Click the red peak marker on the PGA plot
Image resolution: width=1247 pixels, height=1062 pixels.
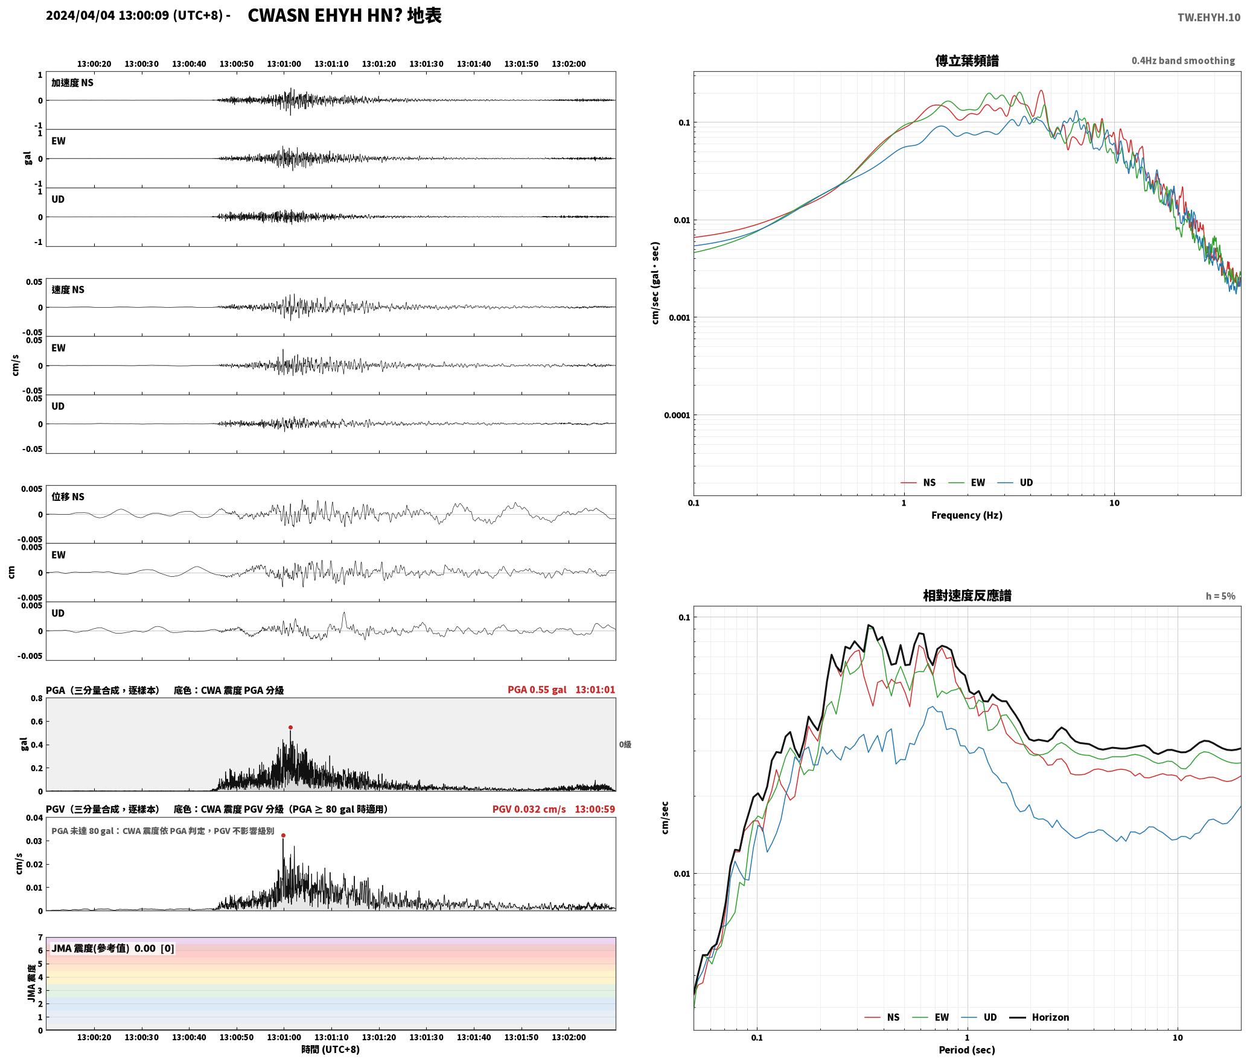(x=290, y=728)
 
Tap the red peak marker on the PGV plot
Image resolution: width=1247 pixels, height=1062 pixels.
(x=283, y=836)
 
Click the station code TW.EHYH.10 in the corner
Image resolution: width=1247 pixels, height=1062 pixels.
(x=1208, y=17)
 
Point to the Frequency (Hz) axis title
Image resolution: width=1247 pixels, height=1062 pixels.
(x=966, y=515)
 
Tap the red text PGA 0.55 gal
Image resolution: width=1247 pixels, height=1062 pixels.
(x=537, y=690)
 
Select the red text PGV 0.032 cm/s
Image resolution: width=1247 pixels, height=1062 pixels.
(x=529, y=809)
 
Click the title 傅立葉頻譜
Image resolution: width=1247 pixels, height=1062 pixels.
(x=966, y=61)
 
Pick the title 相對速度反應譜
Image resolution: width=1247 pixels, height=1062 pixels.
(x=967, y=596)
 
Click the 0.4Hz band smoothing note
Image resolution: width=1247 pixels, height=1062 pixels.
(x=1183, y=61)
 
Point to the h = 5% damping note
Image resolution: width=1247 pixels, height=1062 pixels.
(x=1220, y=596)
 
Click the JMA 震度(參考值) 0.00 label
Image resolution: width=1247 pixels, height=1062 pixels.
(x=103, y=949)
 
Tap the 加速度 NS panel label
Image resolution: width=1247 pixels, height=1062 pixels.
(x=72, y=83)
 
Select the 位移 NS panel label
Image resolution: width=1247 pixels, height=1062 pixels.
(x=68, y=497)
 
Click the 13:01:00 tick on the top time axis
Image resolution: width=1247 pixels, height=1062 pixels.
(x=284, y=64)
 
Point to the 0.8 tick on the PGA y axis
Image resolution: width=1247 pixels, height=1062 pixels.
(x=36, y=699)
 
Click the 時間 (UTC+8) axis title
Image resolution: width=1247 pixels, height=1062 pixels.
(x=330, y=1049)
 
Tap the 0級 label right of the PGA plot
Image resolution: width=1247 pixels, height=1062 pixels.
(x=625, y=745)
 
